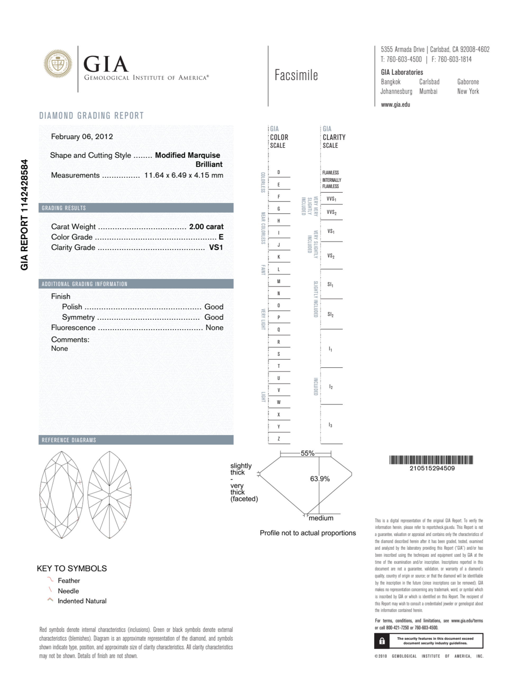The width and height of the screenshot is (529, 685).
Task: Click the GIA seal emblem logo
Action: (58, 64)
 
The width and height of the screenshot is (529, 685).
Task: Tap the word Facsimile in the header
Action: (296, 75)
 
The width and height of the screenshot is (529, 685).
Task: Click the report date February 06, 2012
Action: (82, 136)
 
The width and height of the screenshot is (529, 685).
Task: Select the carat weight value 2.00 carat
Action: (206, 226)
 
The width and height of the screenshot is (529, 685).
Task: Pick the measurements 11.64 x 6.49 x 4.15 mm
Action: (183, 175)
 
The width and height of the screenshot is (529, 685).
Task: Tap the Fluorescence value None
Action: (214, 327)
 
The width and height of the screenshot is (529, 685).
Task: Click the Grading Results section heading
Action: (64, 208)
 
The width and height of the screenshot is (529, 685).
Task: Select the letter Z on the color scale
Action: (278, 439)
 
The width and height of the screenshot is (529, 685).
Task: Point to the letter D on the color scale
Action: (278, 172)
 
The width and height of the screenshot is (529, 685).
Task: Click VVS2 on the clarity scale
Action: (331, 212)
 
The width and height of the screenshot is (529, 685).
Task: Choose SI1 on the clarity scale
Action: (330, 285)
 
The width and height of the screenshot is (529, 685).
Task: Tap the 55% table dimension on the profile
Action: (307, 453)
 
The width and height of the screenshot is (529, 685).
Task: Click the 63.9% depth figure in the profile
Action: (320, 479)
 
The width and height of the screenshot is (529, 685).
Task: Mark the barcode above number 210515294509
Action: (431, 460)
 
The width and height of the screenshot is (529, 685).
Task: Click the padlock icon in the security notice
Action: (382, 641)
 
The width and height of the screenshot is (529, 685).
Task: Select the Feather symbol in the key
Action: (50, 580)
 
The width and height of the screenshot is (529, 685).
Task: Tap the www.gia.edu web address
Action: (395, 105)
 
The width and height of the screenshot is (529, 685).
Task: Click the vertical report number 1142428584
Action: (25, 215)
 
